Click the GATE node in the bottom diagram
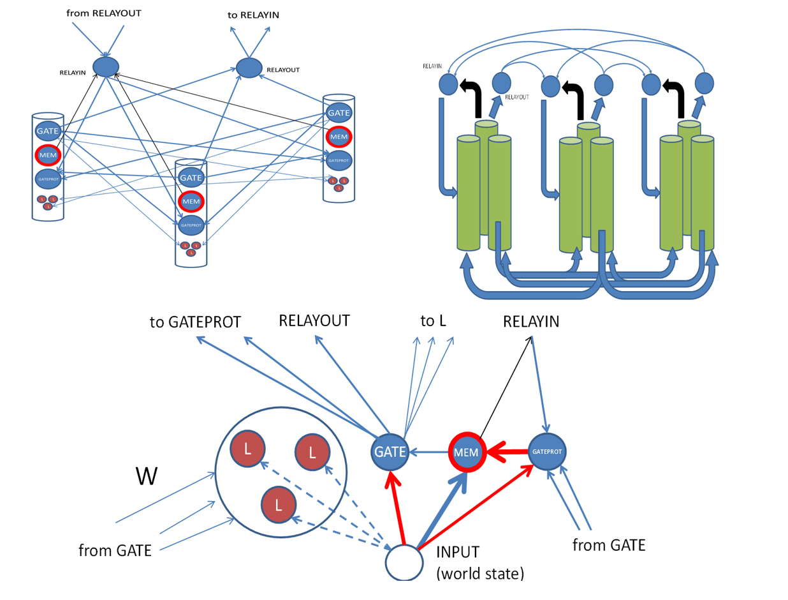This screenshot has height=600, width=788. coord(390,453)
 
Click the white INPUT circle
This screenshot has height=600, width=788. coord(404,562)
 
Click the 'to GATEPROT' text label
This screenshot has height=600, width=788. coord(195,322)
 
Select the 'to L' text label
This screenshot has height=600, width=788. coord(433,321)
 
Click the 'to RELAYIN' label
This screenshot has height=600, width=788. coord(253,14)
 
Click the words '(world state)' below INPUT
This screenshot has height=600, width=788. coord(479,574)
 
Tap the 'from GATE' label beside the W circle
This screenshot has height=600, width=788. coord(115,550)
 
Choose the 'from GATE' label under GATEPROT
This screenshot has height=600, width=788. coord(609,545)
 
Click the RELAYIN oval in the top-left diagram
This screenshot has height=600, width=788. coord(106,66)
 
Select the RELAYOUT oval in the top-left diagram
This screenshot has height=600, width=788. coord(249,66)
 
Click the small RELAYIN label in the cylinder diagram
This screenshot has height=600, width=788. coord(432,66)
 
